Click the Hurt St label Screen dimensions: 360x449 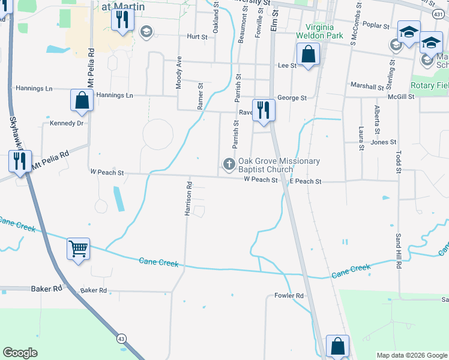pos(197,37)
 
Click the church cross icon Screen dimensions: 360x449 pos(229,164)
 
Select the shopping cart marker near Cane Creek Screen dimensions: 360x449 pos(79,248)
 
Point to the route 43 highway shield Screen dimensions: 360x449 pos(122,338)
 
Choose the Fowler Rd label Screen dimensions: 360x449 pos(289,296)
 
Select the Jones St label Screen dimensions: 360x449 pos(384,142)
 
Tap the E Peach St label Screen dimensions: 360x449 pos(306,181)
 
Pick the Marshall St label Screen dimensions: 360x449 pos(367,87)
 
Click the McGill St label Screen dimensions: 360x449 pos(401,96)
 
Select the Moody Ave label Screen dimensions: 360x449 pos(179,73)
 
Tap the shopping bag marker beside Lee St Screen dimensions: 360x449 pos(308,55)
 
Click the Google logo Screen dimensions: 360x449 pos(20,353)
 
